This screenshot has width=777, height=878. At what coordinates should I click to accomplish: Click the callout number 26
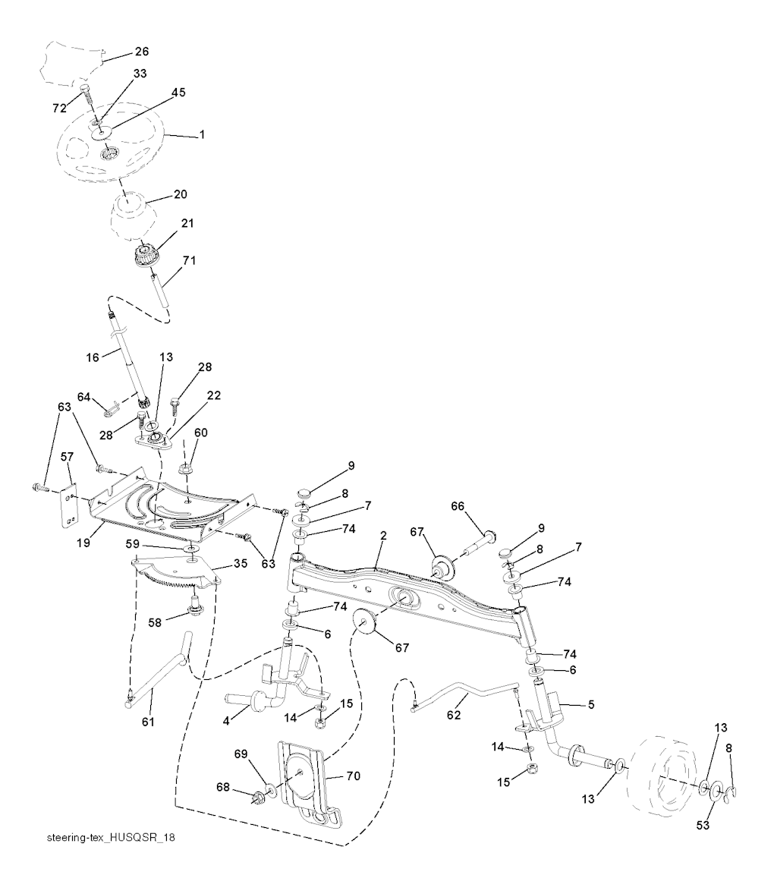[142, 52]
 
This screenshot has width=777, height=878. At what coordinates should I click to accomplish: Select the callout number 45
[178, 93]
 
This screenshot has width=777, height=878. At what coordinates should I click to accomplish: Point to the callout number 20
[181, 194]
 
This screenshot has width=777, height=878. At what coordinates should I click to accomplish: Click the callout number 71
[189, 260]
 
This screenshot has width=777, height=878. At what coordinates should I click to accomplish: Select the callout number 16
[93, 357]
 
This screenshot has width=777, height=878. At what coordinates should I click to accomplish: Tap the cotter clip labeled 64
[112, 409]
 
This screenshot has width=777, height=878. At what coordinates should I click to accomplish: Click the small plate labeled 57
[68, 506]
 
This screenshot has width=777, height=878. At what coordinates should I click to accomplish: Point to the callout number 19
[83, 543]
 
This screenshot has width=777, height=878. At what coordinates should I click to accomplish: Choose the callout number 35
[241, 563]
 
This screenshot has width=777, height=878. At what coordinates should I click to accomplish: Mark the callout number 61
[148, 722]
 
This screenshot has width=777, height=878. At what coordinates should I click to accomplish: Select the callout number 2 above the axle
[383, 536]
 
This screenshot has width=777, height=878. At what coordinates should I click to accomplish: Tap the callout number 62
[454, 715]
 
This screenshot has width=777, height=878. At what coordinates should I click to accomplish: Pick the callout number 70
[354, 776]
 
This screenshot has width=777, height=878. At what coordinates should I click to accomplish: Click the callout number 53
[703, 826]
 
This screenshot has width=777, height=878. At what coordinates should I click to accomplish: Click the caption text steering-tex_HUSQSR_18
[111, 838]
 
